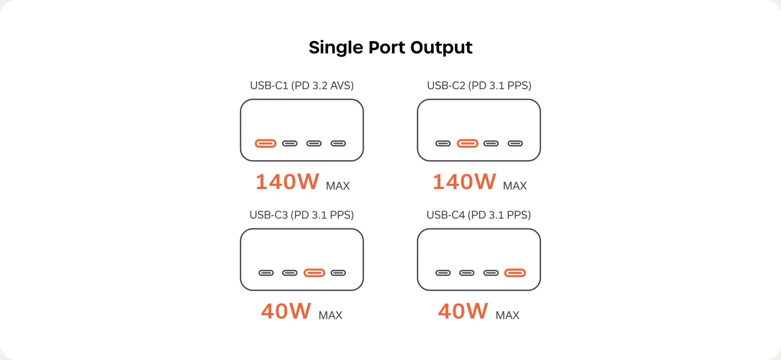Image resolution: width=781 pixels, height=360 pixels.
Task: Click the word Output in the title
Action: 441,48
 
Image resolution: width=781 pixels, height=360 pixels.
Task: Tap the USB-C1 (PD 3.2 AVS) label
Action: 302,85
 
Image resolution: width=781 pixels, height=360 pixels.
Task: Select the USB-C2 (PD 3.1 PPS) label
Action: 479,85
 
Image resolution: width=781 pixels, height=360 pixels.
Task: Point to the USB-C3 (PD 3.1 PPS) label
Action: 302,215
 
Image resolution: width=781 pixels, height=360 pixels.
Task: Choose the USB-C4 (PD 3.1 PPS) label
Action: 479,215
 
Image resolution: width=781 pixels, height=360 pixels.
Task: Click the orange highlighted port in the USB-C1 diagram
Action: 266,143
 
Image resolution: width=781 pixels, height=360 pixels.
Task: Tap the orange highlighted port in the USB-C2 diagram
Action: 467,143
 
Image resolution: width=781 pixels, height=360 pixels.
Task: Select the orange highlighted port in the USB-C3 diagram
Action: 314,273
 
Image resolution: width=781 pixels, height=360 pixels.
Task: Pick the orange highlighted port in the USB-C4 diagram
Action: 515,273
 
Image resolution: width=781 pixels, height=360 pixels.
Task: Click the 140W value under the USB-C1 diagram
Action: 287,182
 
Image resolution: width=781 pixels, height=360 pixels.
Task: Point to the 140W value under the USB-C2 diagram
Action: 464,182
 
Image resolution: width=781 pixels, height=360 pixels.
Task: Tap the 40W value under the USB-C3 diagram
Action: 286,311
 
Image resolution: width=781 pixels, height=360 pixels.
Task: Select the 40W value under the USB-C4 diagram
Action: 463,311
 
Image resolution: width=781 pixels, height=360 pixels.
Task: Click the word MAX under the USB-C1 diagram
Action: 338,186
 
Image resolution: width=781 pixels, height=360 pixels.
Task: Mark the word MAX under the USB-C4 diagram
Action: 507,315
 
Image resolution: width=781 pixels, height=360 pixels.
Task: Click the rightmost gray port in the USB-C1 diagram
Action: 338,143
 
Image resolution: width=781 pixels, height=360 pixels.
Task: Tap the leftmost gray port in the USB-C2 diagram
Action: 443,143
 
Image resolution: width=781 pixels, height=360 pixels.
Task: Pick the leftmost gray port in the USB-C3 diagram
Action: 266,273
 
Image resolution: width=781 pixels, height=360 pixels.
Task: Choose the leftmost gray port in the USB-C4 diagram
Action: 443,273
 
